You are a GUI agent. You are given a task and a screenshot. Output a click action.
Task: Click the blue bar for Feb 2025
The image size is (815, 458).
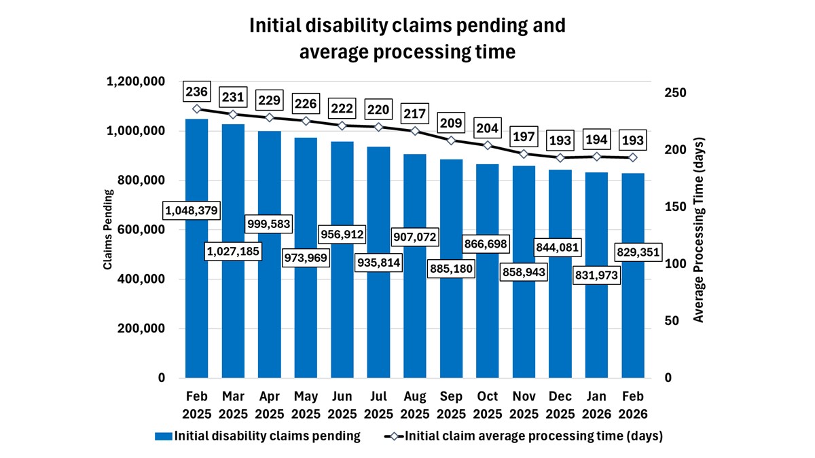pyautogui.click(x=197, y=305)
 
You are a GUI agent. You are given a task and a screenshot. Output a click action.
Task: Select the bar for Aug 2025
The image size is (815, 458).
pyautogui.click(x=415, y=319)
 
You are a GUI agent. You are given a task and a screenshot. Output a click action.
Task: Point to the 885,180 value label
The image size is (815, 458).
pyautogui.click(x=451, y=269)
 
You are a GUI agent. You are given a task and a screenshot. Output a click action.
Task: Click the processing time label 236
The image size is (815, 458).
pyautogui.click(x=197, y=92)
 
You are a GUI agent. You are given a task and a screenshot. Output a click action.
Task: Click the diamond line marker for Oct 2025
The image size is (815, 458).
pyautogui.click(x=488, y=145)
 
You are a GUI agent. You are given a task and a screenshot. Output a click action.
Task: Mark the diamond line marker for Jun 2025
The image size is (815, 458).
pyautogui.click(x=342, y=126)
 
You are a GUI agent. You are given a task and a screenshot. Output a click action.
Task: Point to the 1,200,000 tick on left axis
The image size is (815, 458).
pyautogui.click(x=136, y=81)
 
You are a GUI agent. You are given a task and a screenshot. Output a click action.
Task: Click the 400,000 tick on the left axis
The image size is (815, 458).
pyautogui.click(x=141, y=279)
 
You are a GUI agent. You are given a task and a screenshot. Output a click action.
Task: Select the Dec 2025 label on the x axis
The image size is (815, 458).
pyautogui.click(x=560, y=405)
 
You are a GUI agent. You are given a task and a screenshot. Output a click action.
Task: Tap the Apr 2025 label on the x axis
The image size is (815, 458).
pyautogui.click(x=270, y=405)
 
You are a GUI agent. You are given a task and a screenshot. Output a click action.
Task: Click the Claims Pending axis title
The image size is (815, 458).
pyautogui.click(x=108, y=229)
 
